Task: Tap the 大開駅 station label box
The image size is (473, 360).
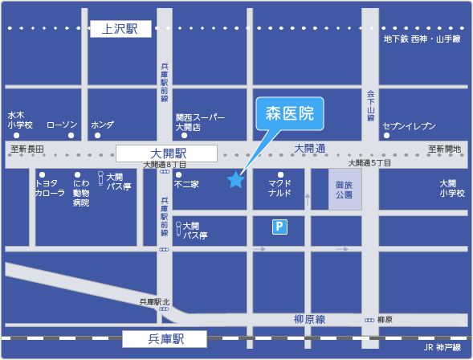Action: [x=167, y=153]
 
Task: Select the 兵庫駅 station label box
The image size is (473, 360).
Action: [x=165, y=339]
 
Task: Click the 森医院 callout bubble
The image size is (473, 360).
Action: [x=289, y=113]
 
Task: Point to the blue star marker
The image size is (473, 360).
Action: [x=235, y=180]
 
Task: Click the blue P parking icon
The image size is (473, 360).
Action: [x=279, y=227]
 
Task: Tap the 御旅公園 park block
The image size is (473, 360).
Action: [x=345, y=190]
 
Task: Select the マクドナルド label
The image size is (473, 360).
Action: [x=279, y=189]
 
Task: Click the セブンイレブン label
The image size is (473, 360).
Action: [x=409, y=125]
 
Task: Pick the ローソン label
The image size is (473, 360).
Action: [x=62, y=125]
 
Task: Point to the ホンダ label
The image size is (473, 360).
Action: [x=102, y=125]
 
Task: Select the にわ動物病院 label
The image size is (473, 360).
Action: [x=81, y=193]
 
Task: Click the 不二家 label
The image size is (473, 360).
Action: [x=186, y=184]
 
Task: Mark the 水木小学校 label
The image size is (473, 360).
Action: [x=20, y=120]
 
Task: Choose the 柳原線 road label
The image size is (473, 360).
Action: [x=309, y=319]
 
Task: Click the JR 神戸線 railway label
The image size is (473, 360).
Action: [x=442, y=347]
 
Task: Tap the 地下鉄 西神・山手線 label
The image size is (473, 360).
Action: [x=422, y=39]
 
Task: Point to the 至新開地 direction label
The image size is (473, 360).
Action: [x=444, y=149]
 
